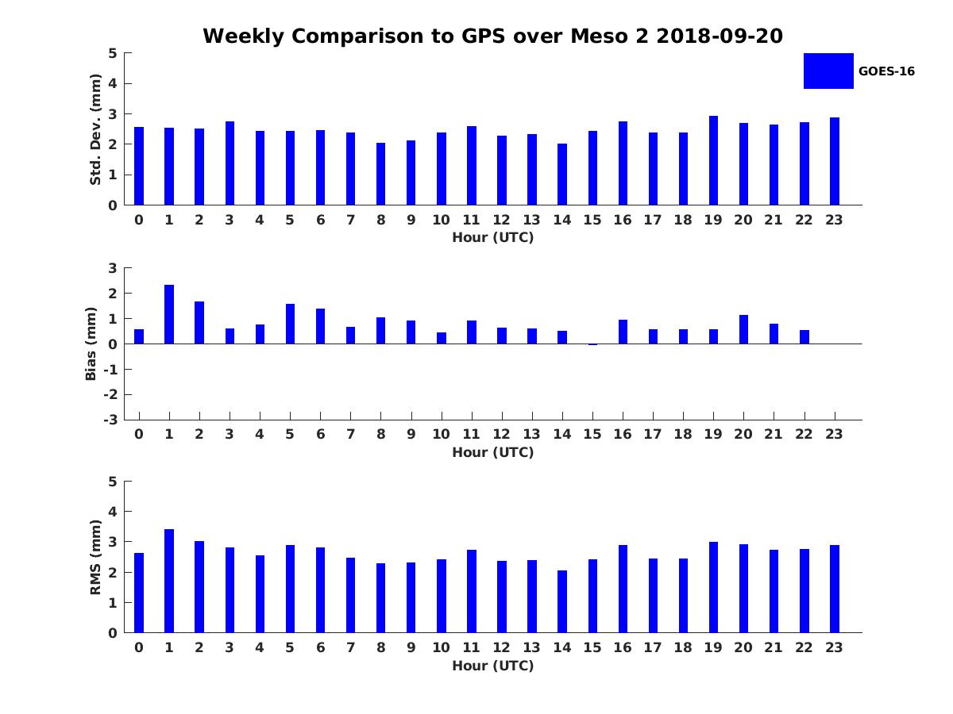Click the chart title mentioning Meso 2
click(x=492, y=36)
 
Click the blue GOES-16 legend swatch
click(x=828, y=71)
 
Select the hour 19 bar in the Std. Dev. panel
click(x=713, y=160)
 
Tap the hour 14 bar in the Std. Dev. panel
click(x=562, y=175)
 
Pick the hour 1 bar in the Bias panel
click(x=169, y=314)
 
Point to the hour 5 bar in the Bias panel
click(x=290, y=324)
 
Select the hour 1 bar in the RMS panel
click(x=169, y=581)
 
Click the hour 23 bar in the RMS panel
click(x=835, y=589)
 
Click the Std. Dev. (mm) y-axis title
click(x=95, y=129)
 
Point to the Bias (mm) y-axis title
click(x=91, y=344)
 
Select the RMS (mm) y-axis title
click(x=95, y=557)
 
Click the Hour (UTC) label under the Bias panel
click(x=492, y=452)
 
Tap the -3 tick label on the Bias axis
click(x=113, y=420)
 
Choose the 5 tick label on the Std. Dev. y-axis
click(x=114, y=53)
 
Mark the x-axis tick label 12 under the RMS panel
click(x=501, y=647)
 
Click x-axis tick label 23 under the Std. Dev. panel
click(x=834, y=220)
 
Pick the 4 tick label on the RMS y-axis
click(x=114, y=512)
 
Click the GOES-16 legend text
click(x=886, y=71)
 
